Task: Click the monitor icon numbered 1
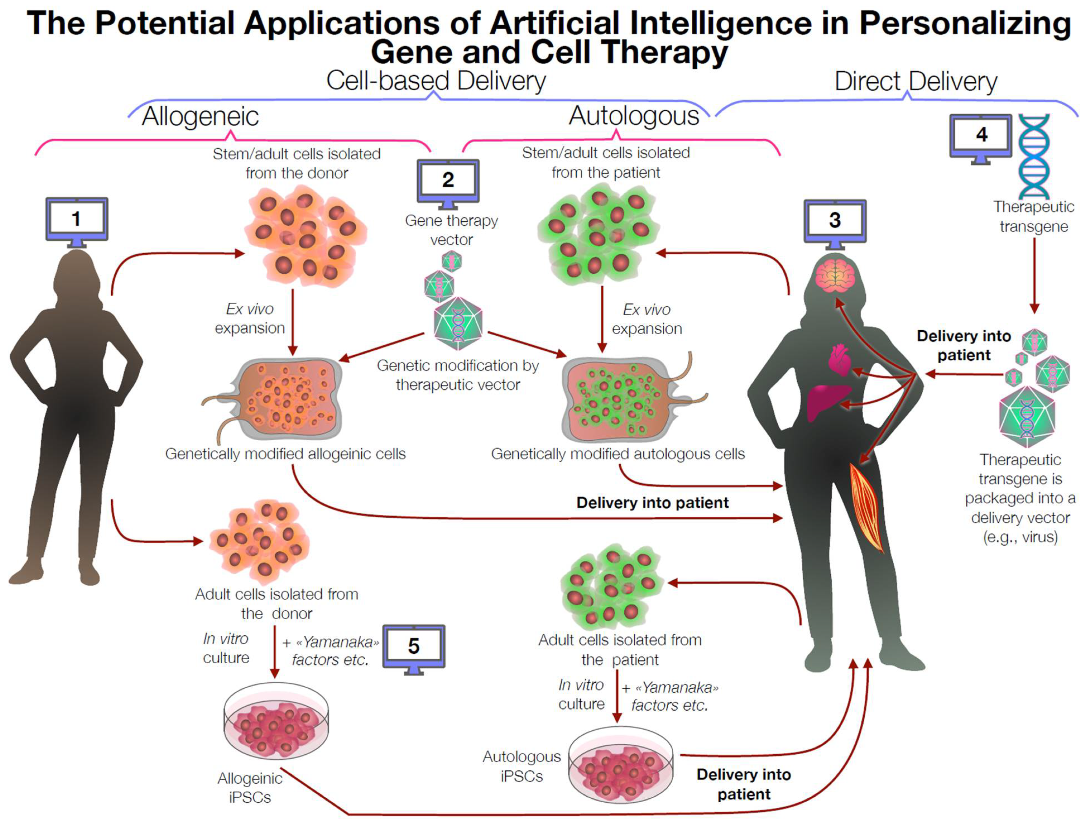[77, 219]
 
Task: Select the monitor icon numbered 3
[835, 221]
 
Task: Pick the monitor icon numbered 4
[980, 136]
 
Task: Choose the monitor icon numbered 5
[414, 646]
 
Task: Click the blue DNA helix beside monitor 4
[1034, 156]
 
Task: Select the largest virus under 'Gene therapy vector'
[457, 323]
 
